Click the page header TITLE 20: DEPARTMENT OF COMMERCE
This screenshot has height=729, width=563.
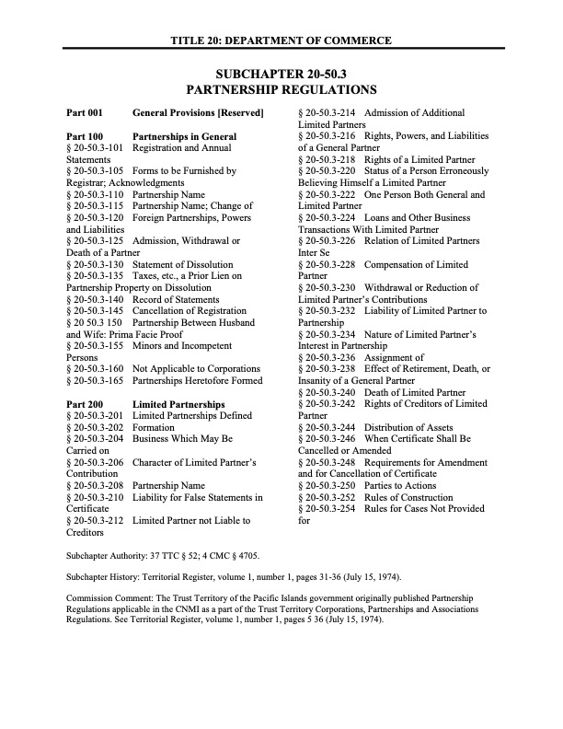coord(281,40)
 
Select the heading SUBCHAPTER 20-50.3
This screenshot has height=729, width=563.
coord(281,74)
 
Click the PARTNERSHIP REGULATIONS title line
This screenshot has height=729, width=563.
coord(281,90)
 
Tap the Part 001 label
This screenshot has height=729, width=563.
coord(85,113)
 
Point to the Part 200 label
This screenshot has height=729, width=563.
coord(85,404)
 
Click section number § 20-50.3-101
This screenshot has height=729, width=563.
coord(95,147)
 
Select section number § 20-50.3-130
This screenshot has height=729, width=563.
coord(95,263)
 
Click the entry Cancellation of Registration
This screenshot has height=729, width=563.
coord(190,310)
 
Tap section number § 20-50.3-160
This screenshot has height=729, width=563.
coord(95,368)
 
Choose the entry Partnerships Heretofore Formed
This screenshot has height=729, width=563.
coord(197,380)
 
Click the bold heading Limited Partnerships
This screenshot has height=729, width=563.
coord(178,404)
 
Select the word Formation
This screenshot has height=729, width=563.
coord(154,427)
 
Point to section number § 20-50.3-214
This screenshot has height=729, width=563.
coord(327,113)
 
